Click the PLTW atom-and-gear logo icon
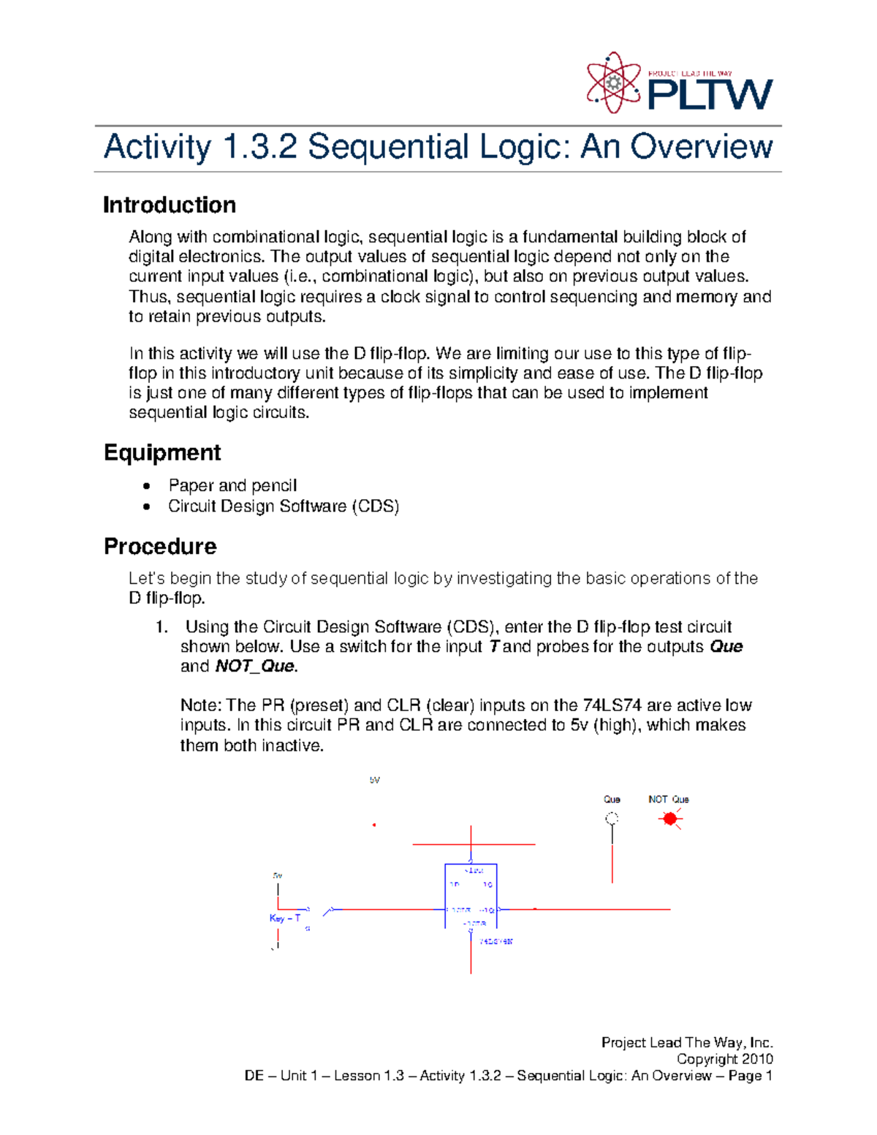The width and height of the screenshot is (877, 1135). point(613,83)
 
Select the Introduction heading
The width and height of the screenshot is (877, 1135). point(170,205)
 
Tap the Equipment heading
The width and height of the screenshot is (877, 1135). point(162,453)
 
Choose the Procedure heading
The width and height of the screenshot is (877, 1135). point(160,547)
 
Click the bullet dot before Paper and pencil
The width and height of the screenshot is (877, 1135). point(148,486)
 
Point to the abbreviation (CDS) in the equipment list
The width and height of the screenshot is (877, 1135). point(375,506)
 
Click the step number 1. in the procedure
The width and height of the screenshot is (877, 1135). point(162,627)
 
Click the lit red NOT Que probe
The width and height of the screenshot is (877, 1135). point(669,819)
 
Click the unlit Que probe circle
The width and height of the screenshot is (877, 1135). point(612,819)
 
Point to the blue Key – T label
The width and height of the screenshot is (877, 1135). point(285,919)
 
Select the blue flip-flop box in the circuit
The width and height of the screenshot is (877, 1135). point(471,896)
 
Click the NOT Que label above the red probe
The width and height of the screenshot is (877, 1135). point(669,800)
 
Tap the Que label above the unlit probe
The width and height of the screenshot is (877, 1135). point(612,800)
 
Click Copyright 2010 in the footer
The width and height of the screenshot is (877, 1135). point(724,1059)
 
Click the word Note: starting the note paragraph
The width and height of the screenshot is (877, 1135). point(201,706)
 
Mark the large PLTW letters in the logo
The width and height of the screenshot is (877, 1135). point(710,94)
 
